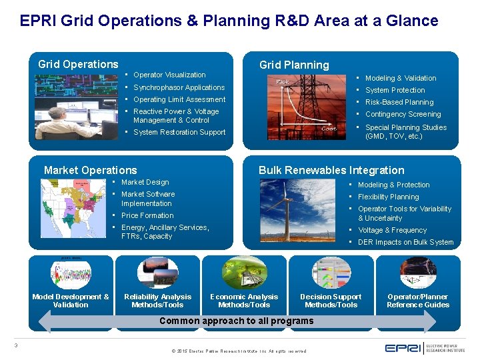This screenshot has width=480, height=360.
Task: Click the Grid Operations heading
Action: point(78,64)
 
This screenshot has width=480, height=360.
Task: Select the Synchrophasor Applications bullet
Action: point(179,87)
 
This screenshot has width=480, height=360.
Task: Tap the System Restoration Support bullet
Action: point(179,132)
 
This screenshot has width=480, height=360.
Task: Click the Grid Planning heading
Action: point(293,65)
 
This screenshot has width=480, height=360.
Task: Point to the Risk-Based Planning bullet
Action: point(399,102)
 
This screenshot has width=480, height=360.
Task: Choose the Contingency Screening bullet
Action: point(403,114)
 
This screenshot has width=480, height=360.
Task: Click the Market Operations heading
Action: point(90,170)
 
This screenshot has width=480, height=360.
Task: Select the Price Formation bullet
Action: point(147,215)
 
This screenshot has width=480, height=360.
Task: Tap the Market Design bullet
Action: point(145,182)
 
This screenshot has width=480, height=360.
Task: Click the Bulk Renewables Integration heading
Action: point(331,170)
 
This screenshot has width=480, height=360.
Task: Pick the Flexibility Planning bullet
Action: point(388,197)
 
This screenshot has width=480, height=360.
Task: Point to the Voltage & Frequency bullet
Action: point(392,230)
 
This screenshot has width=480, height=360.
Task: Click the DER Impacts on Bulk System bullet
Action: point(405,242)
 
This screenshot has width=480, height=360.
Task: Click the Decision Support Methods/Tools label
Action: point(331,301)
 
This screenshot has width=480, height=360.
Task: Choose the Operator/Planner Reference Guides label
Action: point(418,301)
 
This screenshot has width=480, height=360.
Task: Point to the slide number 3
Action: point(16,345)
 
